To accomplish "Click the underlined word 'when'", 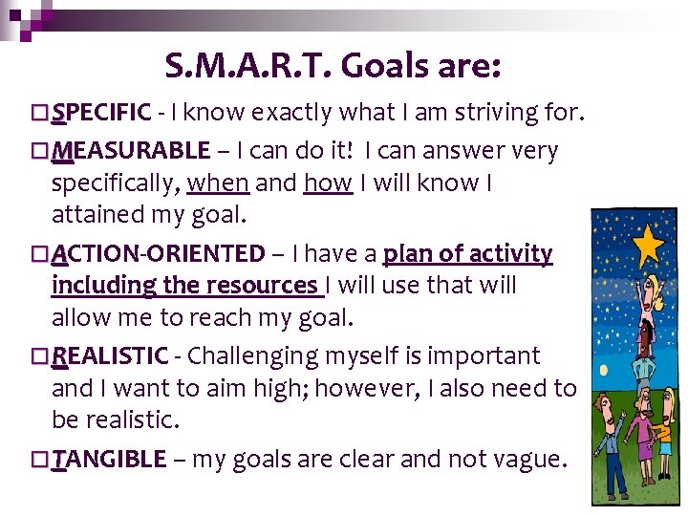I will tap(218, 183).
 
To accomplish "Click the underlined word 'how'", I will tap(328, 183).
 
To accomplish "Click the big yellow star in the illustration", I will tap(649, 246).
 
